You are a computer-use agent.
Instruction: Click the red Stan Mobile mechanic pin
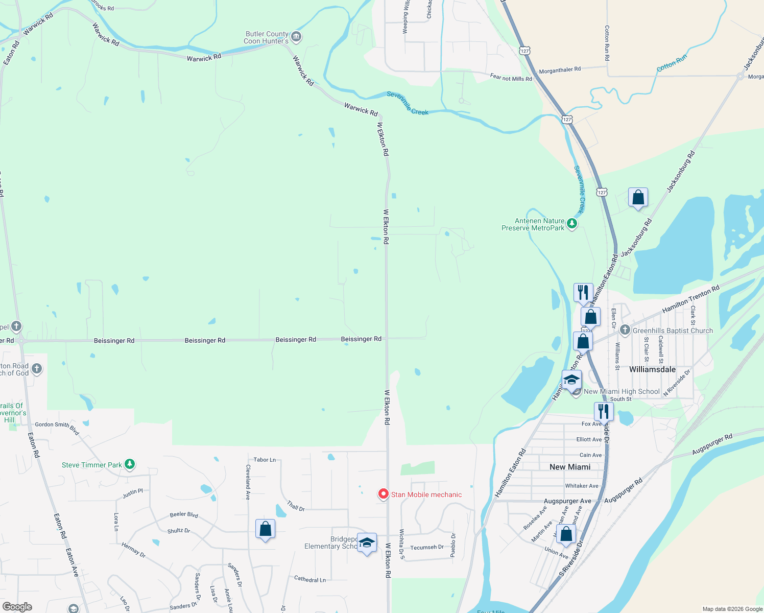pos(383,494)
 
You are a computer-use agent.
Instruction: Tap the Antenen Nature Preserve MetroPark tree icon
pos(572,223)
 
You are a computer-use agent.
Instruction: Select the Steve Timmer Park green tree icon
pos(130,464)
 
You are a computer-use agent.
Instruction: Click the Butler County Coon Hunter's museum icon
pos(296,37)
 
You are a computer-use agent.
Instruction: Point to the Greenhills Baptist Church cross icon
pos(625,330)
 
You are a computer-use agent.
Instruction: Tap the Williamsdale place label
pos(652,369)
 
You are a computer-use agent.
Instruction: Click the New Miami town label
pos(570,467)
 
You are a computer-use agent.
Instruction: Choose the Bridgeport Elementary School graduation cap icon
pos(367,543)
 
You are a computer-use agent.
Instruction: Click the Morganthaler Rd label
pos(560,69)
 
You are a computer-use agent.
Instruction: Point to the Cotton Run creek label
pos(672,63)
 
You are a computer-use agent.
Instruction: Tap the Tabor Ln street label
pos(265,460)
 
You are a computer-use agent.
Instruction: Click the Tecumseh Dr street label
pos(427,547)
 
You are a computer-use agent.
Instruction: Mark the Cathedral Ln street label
pos(309,579)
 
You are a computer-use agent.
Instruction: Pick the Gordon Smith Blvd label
pos(57,427)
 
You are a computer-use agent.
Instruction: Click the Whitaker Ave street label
pos(582,486)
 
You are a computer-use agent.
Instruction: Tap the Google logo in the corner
pos(17,607)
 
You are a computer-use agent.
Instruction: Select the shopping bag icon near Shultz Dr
pos(265,529)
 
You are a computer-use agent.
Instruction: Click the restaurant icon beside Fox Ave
pos(604,411)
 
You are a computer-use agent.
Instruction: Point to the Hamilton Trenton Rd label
pos(690,299)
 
